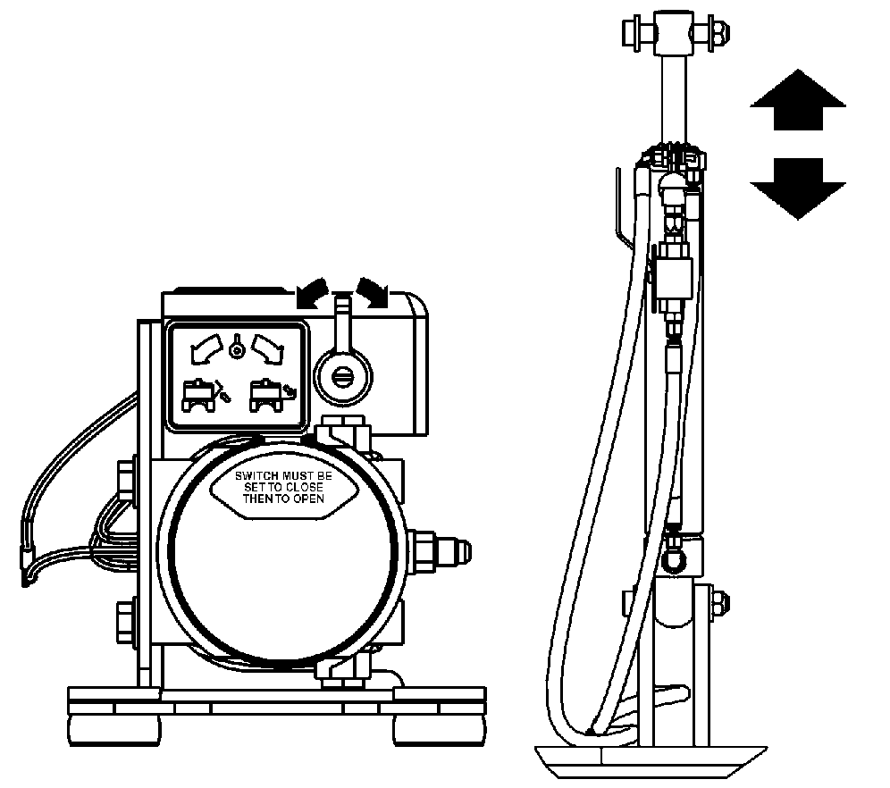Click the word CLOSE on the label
click(x=304, y=487)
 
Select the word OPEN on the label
click(x=309, y=499)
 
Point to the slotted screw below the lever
click(x=342, y=378)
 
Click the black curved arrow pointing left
click(x=312, y=293)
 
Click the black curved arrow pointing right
click(x=374, y=293)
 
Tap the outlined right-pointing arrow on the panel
click(x=267, y=348)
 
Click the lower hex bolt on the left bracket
click(x=126, y=621)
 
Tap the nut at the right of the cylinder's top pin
click(x=718, y=32)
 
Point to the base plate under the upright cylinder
click(x=651, y=762)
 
